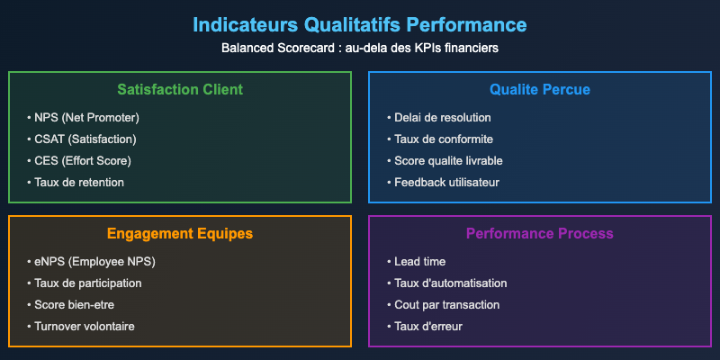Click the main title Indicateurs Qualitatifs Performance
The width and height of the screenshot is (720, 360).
[x=360, y=23]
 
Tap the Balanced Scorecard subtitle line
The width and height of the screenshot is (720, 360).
[x=360, y=48]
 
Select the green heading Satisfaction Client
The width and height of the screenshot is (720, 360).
[x=180, y=90]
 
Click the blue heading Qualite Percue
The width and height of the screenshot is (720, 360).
[x=540, y=90]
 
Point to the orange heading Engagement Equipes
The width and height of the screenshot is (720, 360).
[x=180, y=234]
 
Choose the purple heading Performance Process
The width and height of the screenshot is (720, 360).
[x=540, y=234]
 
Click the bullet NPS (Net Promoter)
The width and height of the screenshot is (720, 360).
[x=87, y=118]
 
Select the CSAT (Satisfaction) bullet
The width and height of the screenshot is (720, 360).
[x=86, y=139]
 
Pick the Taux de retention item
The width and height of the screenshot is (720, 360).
[x=80, y=183]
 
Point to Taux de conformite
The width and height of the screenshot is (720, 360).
[x=442, y=139]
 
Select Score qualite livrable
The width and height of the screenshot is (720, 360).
[x=448, y=161]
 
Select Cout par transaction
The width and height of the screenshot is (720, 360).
[x=446, y=305]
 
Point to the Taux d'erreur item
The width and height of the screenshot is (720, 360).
[x=428, y=327]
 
